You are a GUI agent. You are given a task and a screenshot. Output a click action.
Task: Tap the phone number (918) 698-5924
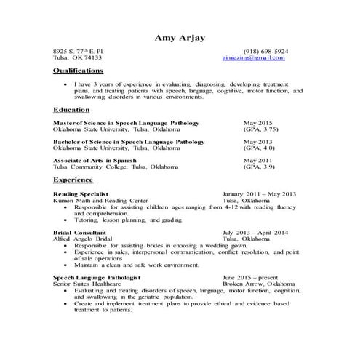[x=260, y=51]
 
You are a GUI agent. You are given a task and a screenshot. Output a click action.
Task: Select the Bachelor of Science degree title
[x=129, y=141]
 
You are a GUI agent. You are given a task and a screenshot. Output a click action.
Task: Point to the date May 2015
[x=257, y=124]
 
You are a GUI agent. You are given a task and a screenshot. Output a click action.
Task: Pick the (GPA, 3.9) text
[x=258, y=166]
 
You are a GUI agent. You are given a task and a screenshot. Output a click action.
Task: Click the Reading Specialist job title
[x=81, y=194]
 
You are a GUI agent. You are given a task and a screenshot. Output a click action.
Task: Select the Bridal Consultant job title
[x=80, y=232]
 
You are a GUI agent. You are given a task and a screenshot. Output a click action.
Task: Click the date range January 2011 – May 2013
[x=259, y=194]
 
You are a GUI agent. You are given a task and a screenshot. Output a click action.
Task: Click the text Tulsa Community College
[x=91, y=166]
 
